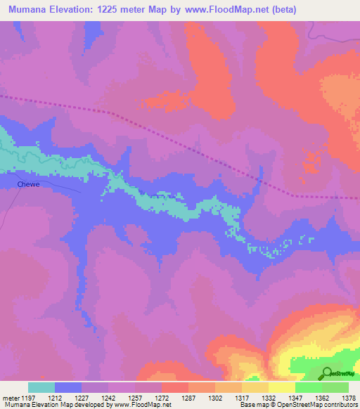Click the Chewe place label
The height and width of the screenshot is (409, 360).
[27, 184]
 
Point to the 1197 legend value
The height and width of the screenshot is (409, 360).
[29, 397]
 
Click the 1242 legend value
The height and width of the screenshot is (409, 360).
[109, 397]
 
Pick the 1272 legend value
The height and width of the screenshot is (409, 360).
[162, 397]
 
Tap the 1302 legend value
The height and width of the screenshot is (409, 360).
[216, 397]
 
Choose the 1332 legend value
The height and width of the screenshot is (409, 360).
[269, 397]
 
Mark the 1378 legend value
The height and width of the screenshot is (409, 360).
[348, 397]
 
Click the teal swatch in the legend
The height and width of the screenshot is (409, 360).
[41, 387]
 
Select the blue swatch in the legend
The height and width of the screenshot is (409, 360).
[68, 387]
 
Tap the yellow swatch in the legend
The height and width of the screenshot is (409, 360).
[282, 387]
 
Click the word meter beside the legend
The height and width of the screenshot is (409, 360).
[9, 397]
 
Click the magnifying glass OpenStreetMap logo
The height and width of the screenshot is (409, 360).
[326, 373]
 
